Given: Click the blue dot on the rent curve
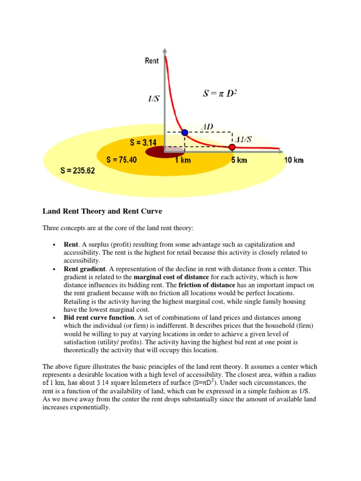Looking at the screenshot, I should point(185,133).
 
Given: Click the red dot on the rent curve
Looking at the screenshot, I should point(232,147).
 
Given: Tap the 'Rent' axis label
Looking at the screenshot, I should point(152,61).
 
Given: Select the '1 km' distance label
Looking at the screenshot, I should point(183,160).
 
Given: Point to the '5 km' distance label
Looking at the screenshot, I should point(239,160).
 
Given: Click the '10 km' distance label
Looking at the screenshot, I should point(294,160).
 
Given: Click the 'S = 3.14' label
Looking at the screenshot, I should point(147,142).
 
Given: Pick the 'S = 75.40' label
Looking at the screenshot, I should point(122,160).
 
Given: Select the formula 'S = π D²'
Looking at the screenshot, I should point(220,93).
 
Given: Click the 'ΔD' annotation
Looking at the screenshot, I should point(207,126).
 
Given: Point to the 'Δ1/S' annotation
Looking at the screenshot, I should point(243,139).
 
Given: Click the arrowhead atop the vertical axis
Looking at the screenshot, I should point(164,51).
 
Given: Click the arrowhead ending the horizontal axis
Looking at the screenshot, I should point(281,152).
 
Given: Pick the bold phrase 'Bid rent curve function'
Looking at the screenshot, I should point(99,318).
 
